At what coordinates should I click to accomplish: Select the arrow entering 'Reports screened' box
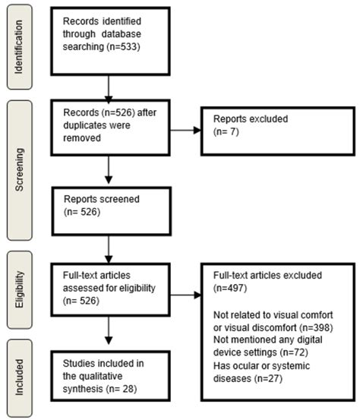click(109, 175)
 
